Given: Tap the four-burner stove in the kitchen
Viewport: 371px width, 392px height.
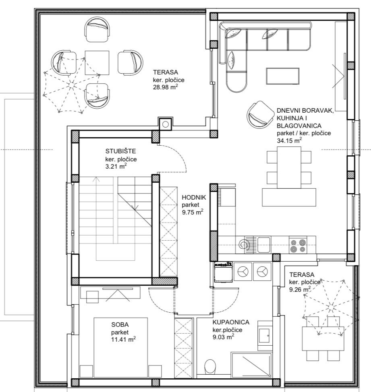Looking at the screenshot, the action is (x=298, y=246).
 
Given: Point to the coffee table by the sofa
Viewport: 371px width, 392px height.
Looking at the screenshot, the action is (x=283, y=76).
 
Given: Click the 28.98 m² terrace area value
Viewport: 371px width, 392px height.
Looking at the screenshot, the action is (x=166, y=87).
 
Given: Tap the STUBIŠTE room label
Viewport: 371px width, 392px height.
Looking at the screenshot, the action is (x=120, y=151).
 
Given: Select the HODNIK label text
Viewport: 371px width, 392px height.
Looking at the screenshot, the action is (x=194, y=197).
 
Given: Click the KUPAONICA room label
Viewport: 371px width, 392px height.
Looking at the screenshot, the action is (x=231, y=322).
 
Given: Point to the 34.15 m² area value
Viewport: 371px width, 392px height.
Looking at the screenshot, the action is (x=289, y=140).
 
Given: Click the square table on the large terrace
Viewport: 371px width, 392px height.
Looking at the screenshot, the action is (x=97, y=63).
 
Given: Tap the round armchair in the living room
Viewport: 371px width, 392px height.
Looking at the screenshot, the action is (x=261, y=114).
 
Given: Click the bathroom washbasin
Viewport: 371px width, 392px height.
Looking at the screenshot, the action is (x=265, y=335).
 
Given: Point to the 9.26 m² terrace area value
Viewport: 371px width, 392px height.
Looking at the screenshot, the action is (x=300, y=290).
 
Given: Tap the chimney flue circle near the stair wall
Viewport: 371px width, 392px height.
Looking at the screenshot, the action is (x=166, y=124).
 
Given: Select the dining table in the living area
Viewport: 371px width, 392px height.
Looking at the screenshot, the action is (x=289, y=167).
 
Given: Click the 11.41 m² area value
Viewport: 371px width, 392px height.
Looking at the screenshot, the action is (x=124, y=340).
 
